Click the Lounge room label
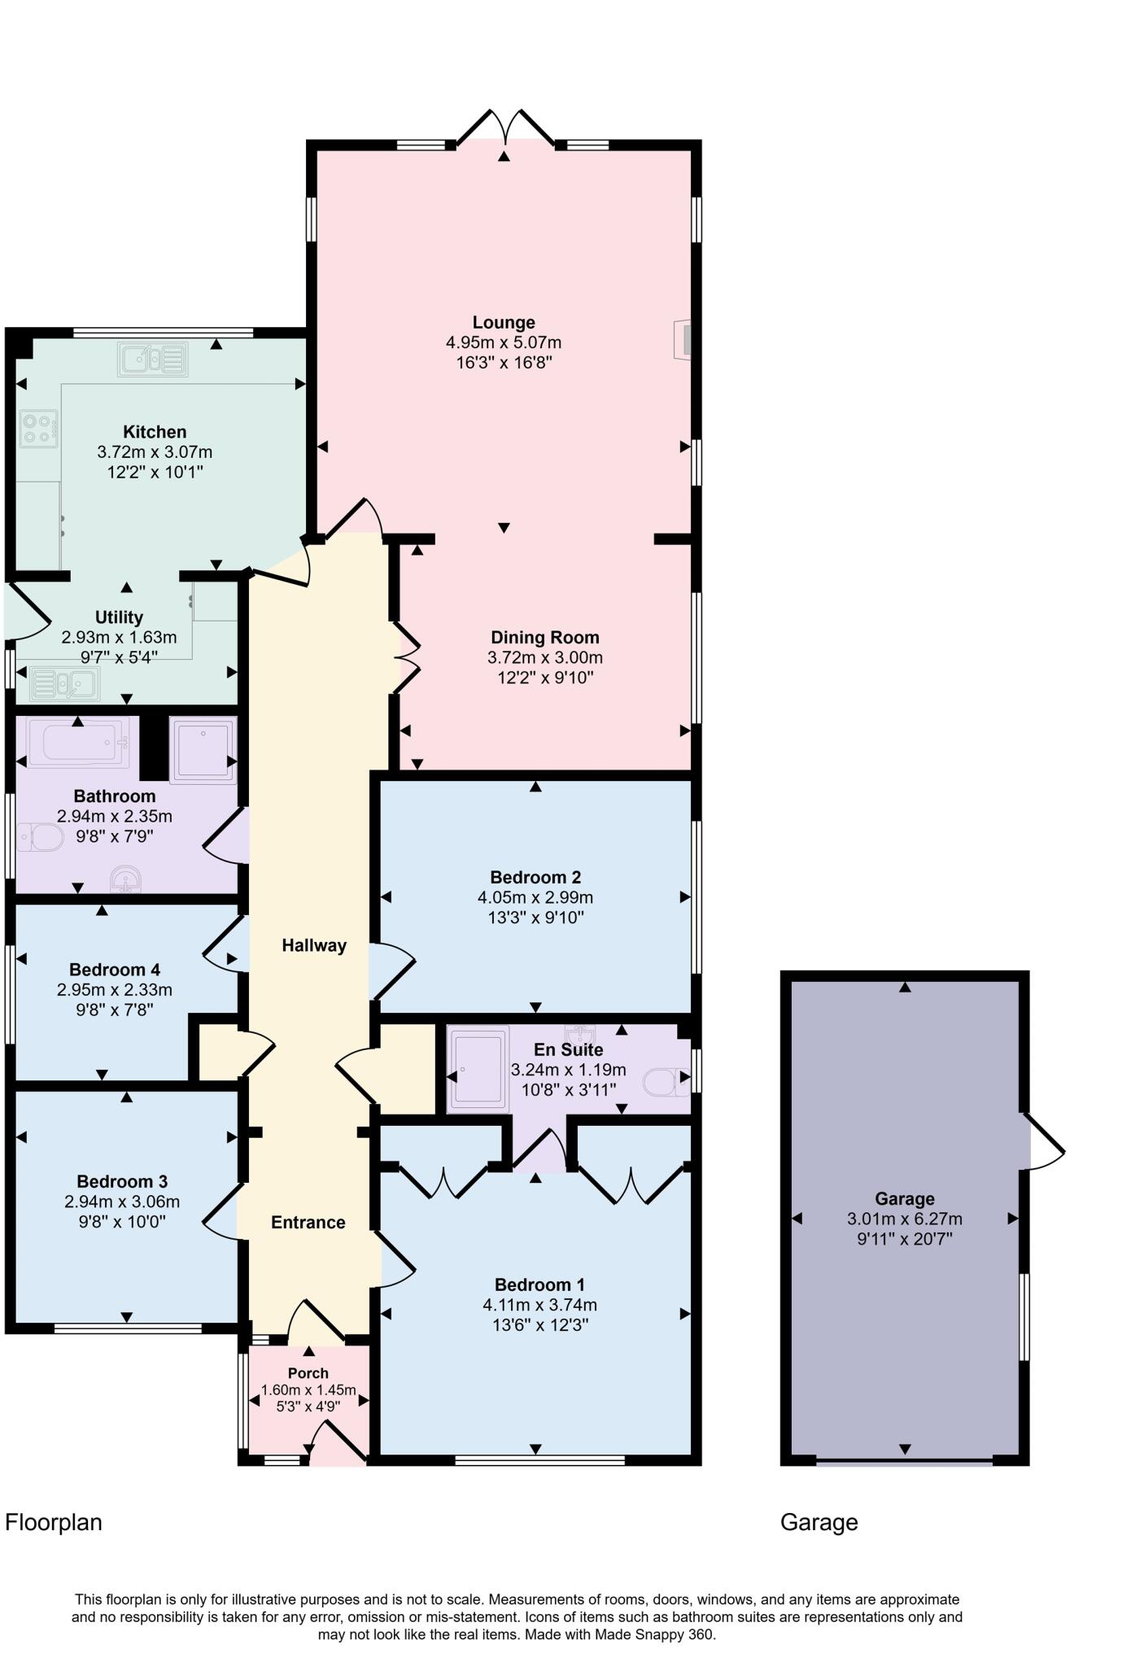point(504,322)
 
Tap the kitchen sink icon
point(153,359)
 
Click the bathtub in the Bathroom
point(78,743)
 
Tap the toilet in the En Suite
point(665,1082)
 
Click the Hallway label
point(314,945)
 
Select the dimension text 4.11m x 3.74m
point(539,1305)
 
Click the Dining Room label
point(544,638)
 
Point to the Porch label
point(308,1373)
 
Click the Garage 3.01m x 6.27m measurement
point(904,1219)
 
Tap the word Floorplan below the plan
point(54,1522)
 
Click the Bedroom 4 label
point(115,970)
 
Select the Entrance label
point(308,1222)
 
